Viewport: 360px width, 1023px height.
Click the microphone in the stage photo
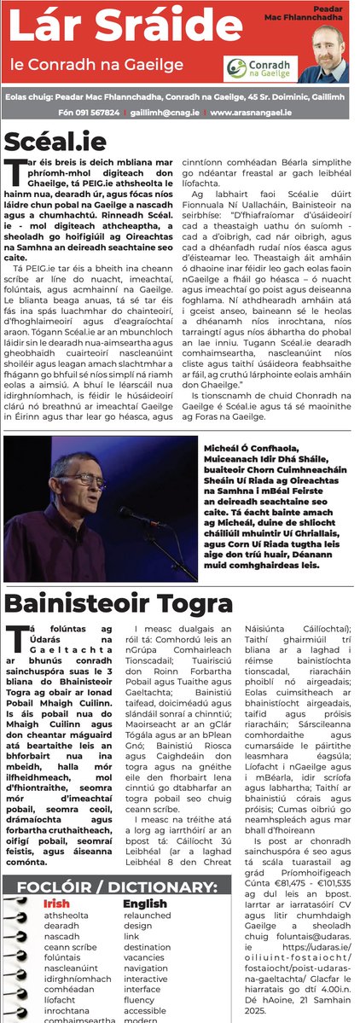point(128,513)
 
